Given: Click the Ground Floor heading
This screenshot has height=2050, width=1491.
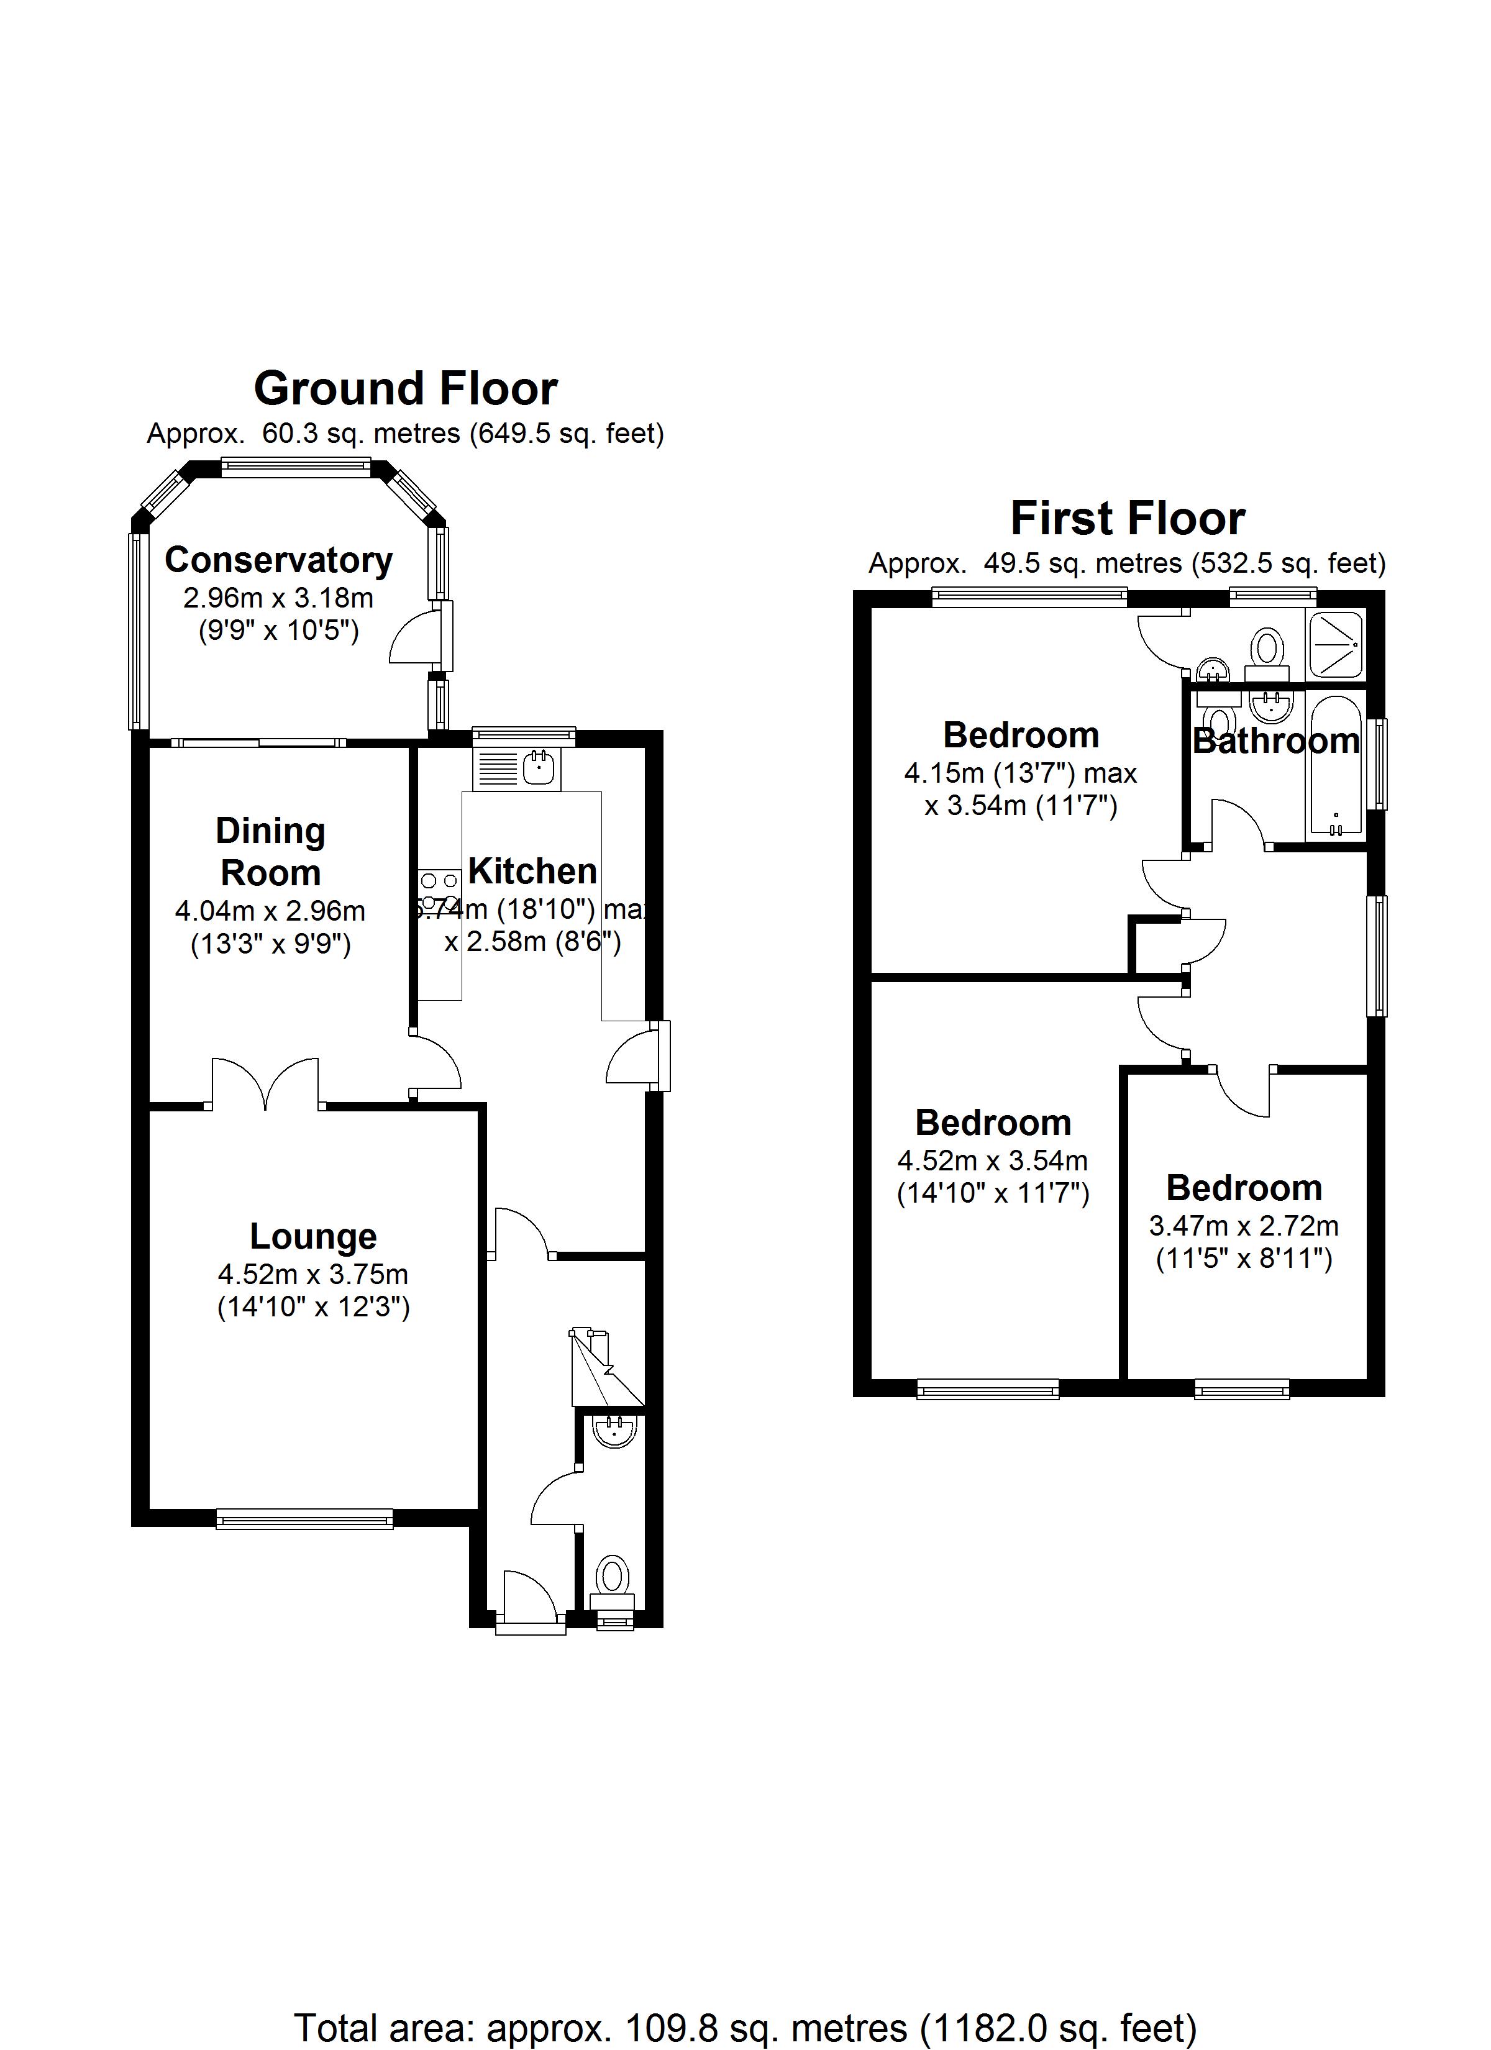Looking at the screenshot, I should pyautogui.click(x=405, y=389).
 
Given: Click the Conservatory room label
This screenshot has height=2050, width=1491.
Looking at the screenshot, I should pyautogui.click(x=278, y=560).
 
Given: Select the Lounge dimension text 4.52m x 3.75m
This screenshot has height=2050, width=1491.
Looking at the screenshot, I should pyautogui.click(x=313, y=1275).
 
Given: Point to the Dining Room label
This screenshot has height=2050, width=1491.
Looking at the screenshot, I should pyautogui.click(x=270, y=852).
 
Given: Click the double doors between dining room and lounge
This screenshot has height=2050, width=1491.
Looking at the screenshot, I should pyautogui.click(x=266, y=1085).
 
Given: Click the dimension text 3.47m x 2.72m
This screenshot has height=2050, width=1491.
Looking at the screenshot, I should pyautogui.click(x=1243, y=1226).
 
